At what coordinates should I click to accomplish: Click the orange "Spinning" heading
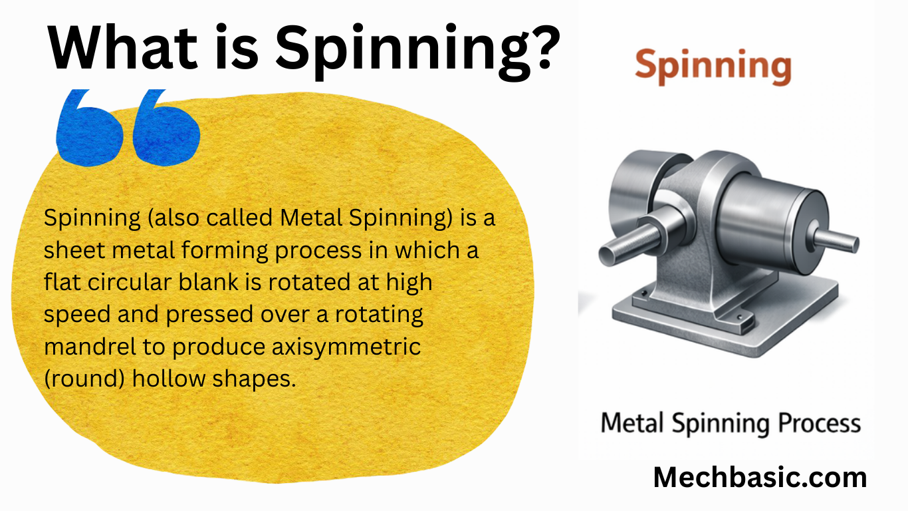tap(713, 67)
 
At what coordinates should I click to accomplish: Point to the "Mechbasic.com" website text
tap(760, 477)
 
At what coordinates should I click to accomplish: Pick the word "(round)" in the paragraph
tap(84, 379)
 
